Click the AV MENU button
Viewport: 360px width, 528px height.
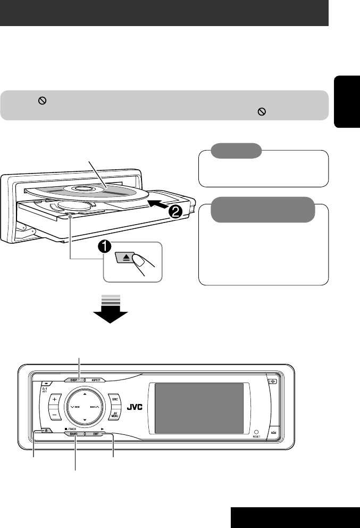tap(114, 416)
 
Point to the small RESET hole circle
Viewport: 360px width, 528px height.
tap(256, 433)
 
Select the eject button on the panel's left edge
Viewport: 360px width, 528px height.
tap(42, 433)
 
